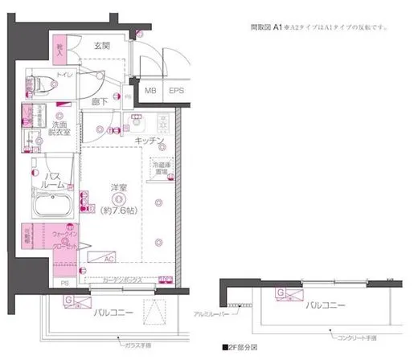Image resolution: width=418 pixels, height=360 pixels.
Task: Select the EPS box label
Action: coord(176,91)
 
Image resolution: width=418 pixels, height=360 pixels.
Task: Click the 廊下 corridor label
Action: coord(99,102)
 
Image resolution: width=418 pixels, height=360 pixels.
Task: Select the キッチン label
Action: coord(150,141)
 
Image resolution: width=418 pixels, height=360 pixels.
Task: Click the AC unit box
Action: coord(107,258)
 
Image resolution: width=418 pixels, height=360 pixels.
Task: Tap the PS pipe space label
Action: coord(65,282)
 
